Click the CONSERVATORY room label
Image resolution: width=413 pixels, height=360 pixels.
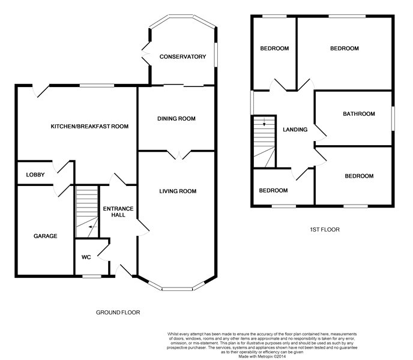click(x=182, y=56)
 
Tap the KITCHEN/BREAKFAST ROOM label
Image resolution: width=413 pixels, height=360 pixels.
click(x=89, y=127)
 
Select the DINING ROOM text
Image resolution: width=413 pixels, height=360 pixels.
click(x=176, y=119)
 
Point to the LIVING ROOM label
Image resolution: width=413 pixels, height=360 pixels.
click(x=178, y=191)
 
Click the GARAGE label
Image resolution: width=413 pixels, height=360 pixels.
click(x=45, y=236)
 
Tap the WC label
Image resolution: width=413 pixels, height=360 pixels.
click(x=86, y=257)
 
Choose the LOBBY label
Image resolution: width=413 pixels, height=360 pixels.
click(x=35, y=175)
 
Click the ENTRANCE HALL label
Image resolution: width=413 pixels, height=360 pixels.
click(x=118, y=212)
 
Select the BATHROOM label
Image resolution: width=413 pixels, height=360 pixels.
click(x=359, y=114)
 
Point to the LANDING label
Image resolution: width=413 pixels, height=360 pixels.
click(x=295, y=130)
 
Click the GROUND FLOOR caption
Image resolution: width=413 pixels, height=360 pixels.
click(x=118, y=313)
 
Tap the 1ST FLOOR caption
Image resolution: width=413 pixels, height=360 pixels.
click(x=325, y=230)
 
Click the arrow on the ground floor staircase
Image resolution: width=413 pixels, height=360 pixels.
click(x=92, y=227)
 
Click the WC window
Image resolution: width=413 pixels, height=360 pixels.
click(x=92, y=276)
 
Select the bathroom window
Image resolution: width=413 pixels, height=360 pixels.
click(x=393, y=118)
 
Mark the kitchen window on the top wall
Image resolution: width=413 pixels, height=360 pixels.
click(x=97, y=85)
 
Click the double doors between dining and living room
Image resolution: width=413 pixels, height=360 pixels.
click(x=179, y=155)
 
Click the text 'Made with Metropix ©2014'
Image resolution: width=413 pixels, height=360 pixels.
click(x=262, y=356)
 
